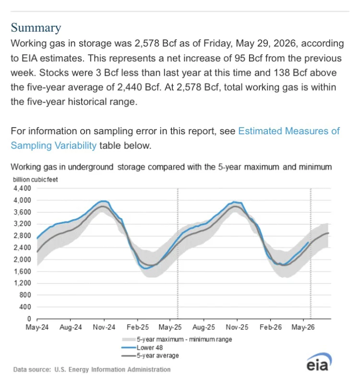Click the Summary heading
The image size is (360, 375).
pos(36,28)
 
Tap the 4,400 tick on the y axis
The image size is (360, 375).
pos(22,188)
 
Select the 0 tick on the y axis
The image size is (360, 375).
pos(29,319)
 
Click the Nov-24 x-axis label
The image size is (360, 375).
pos(104,327)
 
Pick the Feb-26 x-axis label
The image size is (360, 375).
pos(270,327)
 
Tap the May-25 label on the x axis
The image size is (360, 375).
pos(170,327)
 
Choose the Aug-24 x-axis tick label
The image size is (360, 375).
pos(71,327)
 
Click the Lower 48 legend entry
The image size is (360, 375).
pos(142,348)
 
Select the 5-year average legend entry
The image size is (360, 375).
pos(150,356)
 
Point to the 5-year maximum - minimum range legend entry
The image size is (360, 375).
pos(177,340)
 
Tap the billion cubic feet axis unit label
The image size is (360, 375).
pos(35,180)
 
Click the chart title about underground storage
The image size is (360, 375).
pos(171,167)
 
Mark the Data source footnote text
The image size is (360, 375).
pos(92,370)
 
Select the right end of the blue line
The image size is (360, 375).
pos(308,242)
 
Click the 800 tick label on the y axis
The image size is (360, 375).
pos(25,295)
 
